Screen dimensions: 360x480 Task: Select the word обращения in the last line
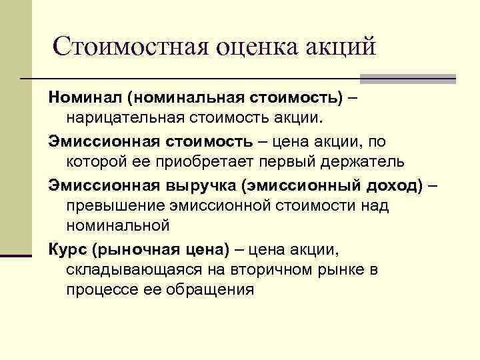coord(213,291)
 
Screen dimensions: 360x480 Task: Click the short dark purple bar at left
coord(16,254)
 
